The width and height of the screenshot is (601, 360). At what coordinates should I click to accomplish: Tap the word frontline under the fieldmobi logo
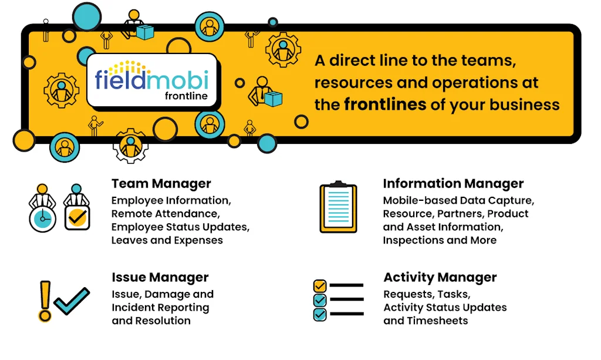pyautogui.click(x=186, y=96)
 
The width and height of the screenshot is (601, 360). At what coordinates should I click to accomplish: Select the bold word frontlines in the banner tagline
pyautogui.click(x=385, y=105)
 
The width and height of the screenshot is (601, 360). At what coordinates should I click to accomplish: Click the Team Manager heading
pyautogui.click(x=161, y=184)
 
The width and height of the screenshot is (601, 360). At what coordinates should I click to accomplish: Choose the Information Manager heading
pyautogui.click(x=453, y=184)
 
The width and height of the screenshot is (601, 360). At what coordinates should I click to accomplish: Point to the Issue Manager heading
pyautogui.click(x=160, y=277)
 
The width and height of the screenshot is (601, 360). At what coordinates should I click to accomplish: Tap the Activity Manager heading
pyautogui.click(x=440, y=277)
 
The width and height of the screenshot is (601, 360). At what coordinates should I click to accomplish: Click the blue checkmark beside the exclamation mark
pyautogui.click(x=72, y=301)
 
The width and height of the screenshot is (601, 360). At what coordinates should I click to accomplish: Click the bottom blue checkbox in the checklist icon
pyautogui.click(x=320, y=314)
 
